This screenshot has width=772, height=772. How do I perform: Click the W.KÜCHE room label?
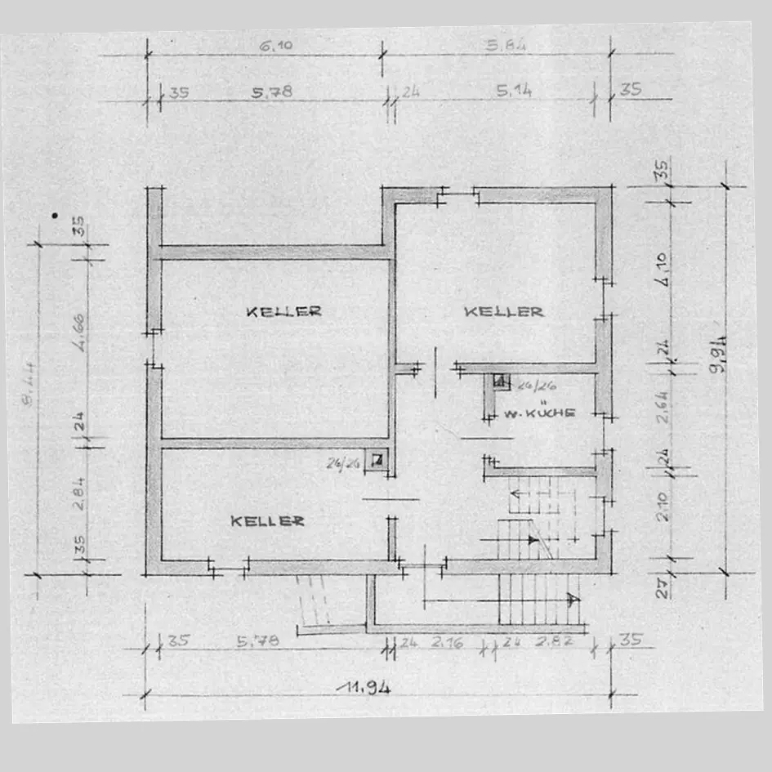(539, 413)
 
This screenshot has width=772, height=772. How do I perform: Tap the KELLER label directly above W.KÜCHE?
(503, 311)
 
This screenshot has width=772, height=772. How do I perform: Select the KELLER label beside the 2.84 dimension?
(267, 520)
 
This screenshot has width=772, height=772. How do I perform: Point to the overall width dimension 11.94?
(364, 687)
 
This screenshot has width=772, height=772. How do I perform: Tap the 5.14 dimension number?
(513, 91)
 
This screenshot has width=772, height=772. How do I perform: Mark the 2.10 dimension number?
(663, 506)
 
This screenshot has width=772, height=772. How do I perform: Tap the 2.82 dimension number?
(554, 642)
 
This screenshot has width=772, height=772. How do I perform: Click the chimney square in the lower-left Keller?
(377, 460)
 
